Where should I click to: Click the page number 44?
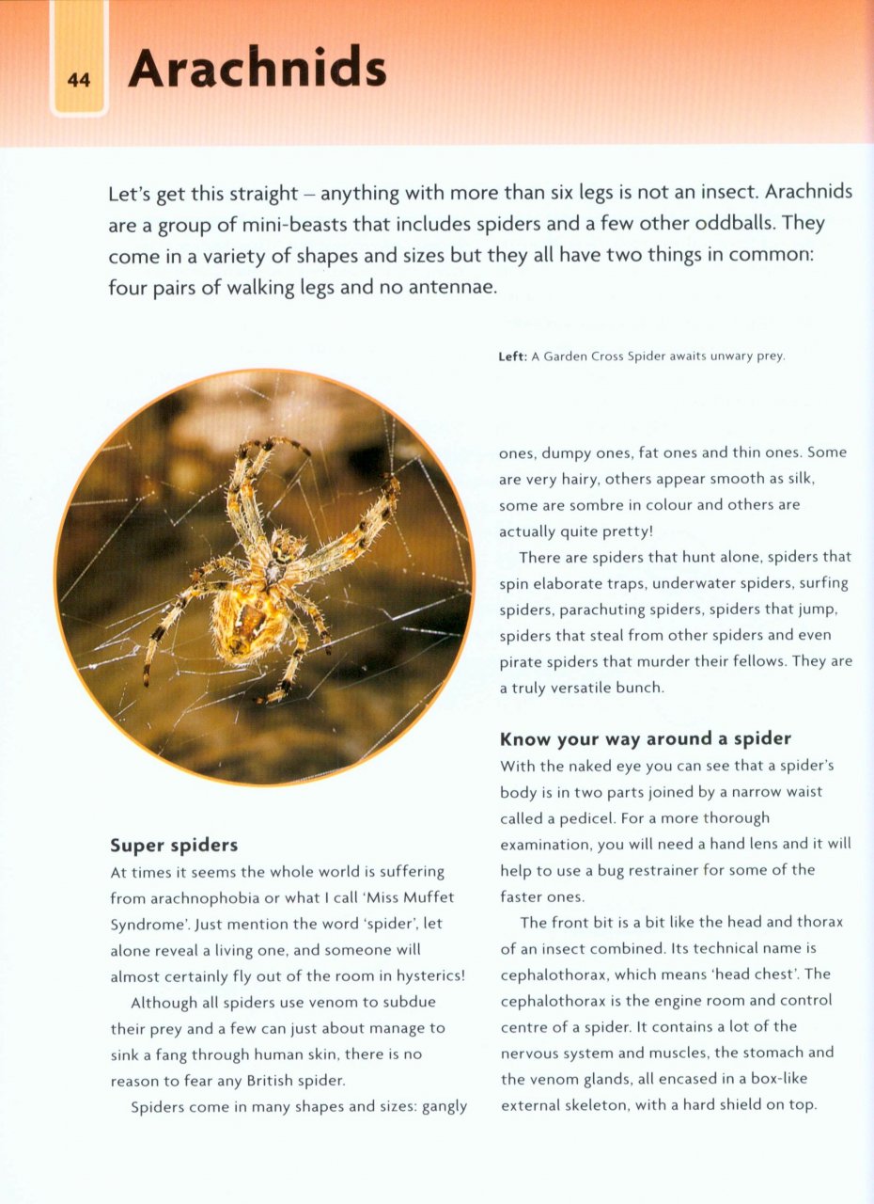tap(79, 81)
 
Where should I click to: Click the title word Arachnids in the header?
tap(257, 69)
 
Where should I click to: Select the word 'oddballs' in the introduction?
tap(726, 224)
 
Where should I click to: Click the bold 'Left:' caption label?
tap(512, 356)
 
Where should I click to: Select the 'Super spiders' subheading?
tap(174, 845)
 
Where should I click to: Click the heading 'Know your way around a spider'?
tap(645, 738)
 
